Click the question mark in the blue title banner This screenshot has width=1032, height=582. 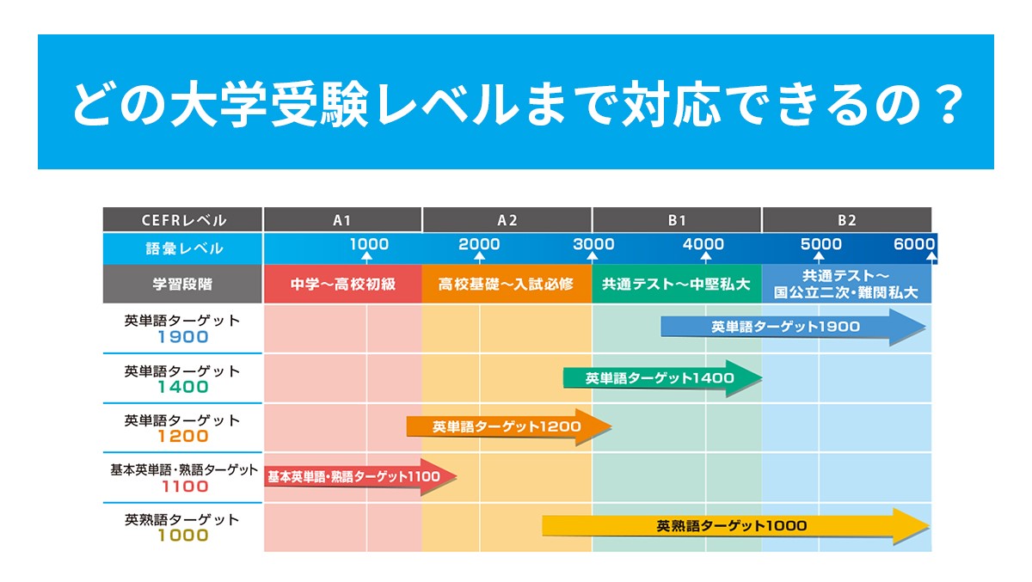[x=950, y=104]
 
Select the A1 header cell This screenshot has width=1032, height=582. [x=342, y=219]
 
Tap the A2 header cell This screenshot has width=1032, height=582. [x=507, y=219]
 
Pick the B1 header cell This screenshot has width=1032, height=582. [x=677, y=219]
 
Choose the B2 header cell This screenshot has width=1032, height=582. [x=847, y=219]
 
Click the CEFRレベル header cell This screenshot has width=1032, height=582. [x=182, y=219]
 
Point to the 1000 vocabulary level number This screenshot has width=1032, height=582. [x=369, y=244]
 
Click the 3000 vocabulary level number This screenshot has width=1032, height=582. [x=593, y=244]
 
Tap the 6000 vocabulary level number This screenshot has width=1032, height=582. [x=914, y=244]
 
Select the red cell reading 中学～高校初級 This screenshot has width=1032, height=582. [x=343, y=284]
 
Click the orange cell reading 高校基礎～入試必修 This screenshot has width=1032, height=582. [x=507, y=284]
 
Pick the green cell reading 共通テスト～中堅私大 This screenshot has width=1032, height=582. [x=677, y=284]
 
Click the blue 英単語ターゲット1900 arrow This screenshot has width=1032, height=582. [x=793, y=327]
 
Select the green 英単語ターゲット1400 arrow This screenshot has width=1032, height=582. [x=662, y=378]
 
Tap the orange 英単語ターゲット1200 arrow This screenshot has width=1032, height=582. [x=508, y=427]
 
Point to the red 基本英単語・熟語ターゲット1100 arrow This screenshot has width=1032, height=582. [x=359, y=476]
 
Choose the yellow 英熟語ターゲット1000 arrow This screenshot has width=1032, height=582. [x=736, y=526]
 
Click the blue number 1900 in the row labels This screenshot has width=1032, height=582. [x=183, y=337]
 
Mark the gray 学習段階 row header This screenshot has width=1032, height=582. [x=182, y=284]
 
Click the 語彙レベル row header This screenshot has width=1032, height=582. [x=182, y=248]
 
